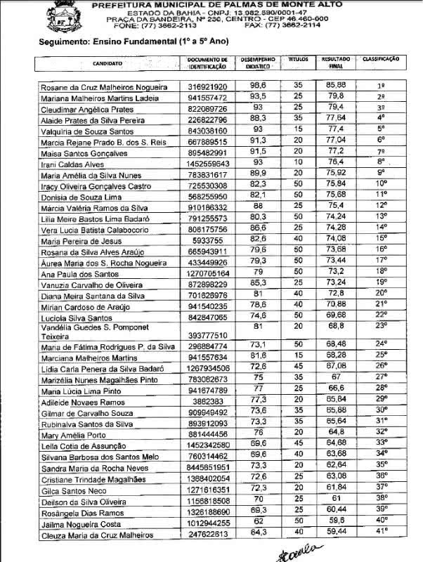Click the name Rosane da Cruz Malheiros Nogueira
[x=105, y=87]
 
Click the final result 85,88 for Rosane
[x=335, y=86]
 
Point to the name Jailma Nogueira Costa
[x=86, y=524]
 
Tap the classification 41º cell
[x=382, y=533]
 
